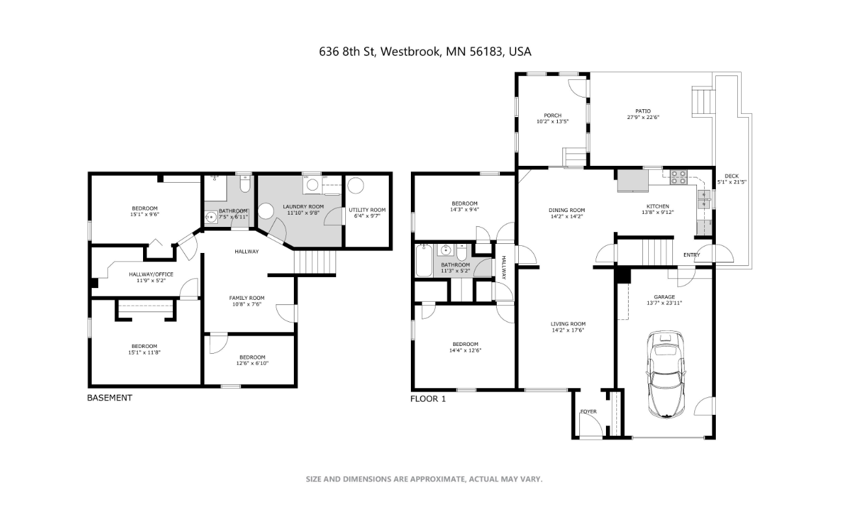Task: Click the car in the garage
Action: tap(666, 375)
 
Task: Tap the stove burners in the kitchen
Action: tap(679, 177)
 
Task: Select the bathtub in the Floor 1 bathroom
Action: tap(424, 260)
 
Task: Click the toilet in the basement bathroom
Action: tap(245, 184)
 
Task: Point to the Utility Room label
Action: tap(367, 210)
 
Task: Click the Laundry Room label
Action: tap(303, 207)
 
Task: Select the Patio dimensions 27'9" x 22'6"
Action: tap(643, 117)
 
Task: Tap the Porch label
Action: tap(553, 116)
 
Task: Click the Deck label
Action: tap(731, 176)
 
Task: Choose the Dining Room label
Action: tap(567, 210)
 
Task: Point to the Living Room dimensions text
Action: tap(568, 330)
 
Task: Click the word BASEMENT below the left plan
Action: tap(110, 398)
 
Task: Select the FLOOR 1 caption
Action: tap(428, 399)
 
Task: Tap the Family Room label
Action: tap(247, 298)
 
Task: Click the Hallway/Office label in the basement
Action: tap(151, 274)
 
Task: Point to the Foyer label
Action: tap(588, 412)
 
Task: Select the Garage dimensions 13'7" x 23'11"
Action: tap(664, 303)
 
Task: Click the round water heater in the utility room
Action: tap(355, 185)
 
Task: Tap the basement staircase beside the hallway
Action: tap(315, 262)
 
